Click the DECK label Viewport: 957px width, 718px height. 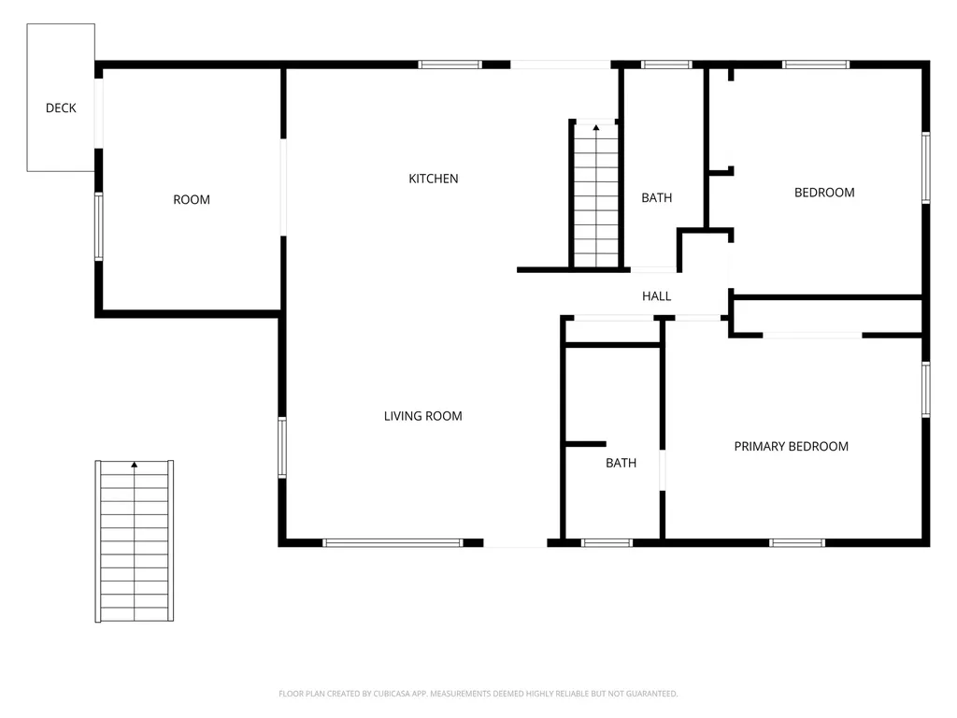[61, 108]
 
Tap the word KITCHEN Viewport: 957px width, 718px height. [434, 179]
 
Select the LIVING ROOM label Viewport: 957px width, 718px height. [423, 416]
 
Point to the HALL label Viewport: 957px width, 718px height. [657, 296]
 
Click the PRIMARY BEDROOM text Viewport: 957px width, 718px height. [791, 446]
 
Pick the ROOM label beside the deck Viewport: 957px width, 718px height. [192, 200]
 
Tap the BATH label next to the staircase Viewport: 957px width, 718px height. [657, 198]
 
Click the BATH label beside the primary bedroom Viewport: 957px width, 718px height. [621, 464]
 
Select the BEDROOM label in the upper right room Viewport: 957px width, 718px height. [824, 193]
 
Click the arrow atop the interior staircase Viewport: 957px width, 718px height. [596, 127]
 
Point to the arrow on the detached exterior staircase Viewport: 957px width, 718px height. [135, 465]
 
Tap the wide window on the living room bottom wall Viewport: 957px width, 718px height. [393, 543]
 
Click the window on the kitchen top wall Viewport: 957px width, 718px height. [450, 65]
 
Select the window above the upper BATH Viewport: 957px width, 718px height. [666, 65]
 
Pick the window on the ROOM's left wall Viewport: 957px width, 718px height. [99, 226]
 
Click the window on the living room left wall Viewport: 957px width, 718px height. [282, 448]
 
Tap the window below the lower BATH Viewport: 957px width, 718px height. [607, 543]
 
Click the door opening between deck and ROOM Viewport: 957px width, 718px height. [99, 113]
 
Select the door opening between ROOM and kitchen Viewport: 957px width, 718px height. [283, 187]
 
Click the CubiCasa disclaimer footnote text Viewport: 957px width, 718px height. [478, 694]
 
